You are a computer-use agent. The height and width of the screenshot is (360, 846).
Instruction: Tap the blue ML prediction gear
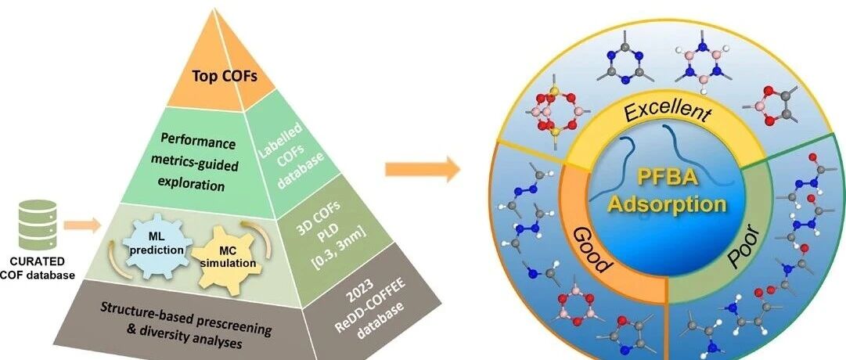tap(157, 243)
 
